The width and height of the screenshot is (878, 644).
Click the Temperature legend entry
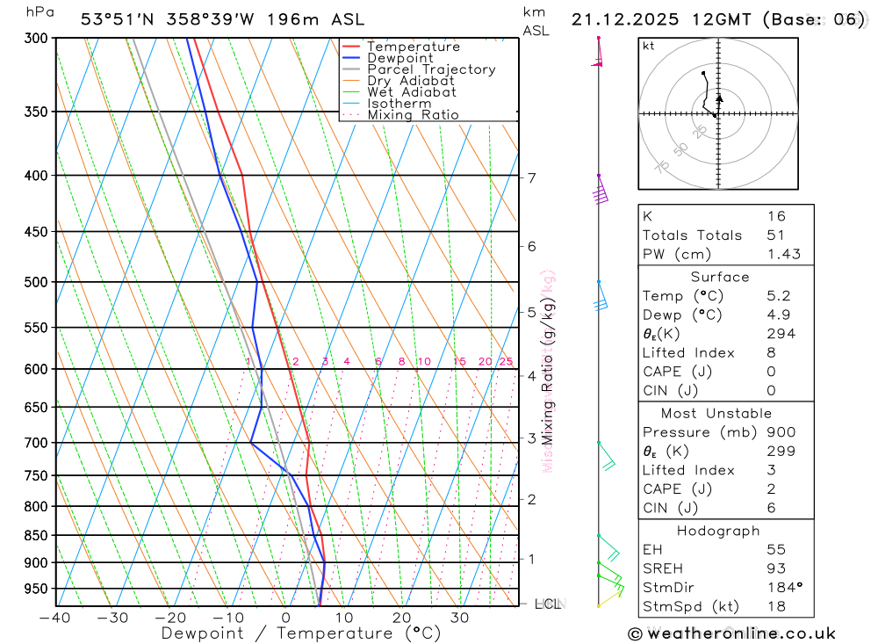click(x=413, y=47)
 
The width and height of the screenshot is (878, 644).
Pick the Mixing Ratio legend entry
click(x=413, y=115)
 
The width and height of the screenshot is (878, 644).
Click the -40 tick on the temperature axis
click(x=55, y=618)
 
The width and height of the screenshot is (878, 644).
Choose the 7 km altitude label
click(x=532, y=177)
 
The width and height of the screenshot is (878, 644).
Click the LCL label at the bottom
click(x=547, y=604)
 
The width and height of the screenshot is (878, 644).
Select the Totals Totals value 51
click(x=776, y=235)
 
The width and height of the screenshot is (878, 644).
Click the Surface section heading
click(x=719, y=277)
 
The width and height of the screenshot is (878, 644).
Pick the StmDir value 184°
click(x=781, y=588)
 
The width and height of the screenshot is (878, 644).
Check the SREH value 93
click(x=776, y=569)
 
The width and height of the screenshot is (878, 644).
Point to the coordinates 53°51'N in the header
click(x=114, y=19)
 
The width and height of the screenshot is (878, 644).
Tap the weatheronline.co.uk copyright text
click(x=732, y=633)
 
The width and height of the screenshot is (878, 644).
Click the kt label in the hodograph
click(x=649, y=46)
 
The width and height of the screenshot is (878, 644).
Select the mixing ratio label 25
click(x=506, y=361)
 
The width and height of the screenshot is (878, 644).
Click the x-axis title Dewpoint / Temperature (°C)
click(x=301, y=633)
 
